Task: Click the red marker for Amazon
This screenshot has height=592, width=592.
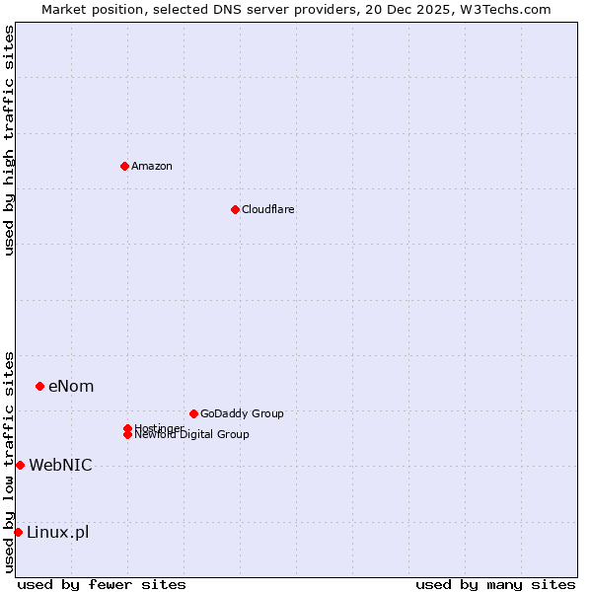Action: click(124, 166)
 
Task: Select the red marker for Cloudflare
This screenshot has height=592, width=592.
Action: click(235, 209)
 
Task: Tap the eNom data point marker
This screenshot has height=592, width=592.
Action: click(39, 386)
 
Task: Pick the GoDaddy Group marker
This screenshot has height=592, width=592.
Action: click(193, 413)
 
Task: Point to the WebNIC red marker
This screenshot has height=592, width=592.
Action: click(20, 465)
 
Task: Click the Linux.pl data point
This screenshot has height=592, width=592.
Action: click(18, 532)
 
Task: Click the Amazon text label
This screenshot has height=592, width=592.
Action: click(152, 166)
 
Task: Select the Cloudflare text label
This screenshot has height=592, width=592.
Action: click(268, 209)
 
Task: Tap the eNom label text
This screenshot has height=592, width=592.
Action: click(71, 386)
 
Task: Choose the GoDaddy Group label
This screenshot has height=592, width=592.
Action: click(242, 413)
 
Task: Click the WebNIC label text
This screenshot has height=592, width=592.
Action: click(60, 465)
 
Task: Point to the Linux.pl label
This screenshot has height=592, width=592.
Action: click(57, 532)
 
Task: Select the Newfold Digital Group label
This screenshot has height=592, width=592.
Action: click(191, 434)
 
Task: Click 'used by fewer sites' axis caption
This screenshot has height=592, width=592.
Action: click(102, 584)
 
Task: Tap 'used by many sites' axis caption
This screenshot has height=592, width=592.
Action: click(495, 584)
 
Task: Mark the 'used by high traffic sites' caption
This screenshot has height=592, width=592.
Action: click(9, 140)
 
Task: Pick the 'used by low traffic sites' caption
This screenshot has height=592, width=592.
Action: click(9, 462)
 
